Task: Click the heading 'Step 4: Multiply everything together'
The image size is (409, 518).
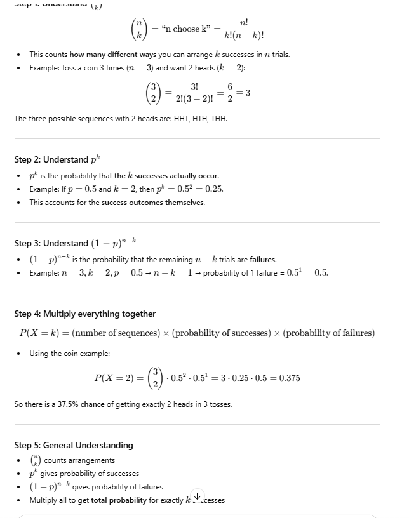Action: point(84,314)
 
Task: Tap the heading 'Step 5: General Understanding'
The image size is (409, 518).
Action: point(74,445)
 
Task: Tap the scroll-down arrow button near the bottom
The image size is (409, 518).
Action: point(198,495)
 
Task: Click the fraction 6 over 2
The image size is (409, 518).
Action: point(229,93)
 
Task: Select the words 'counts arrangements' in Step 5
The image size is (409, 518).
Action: point(79,460)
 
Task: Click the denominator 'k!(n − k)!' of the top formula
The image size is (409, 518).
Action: point(244,36)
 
